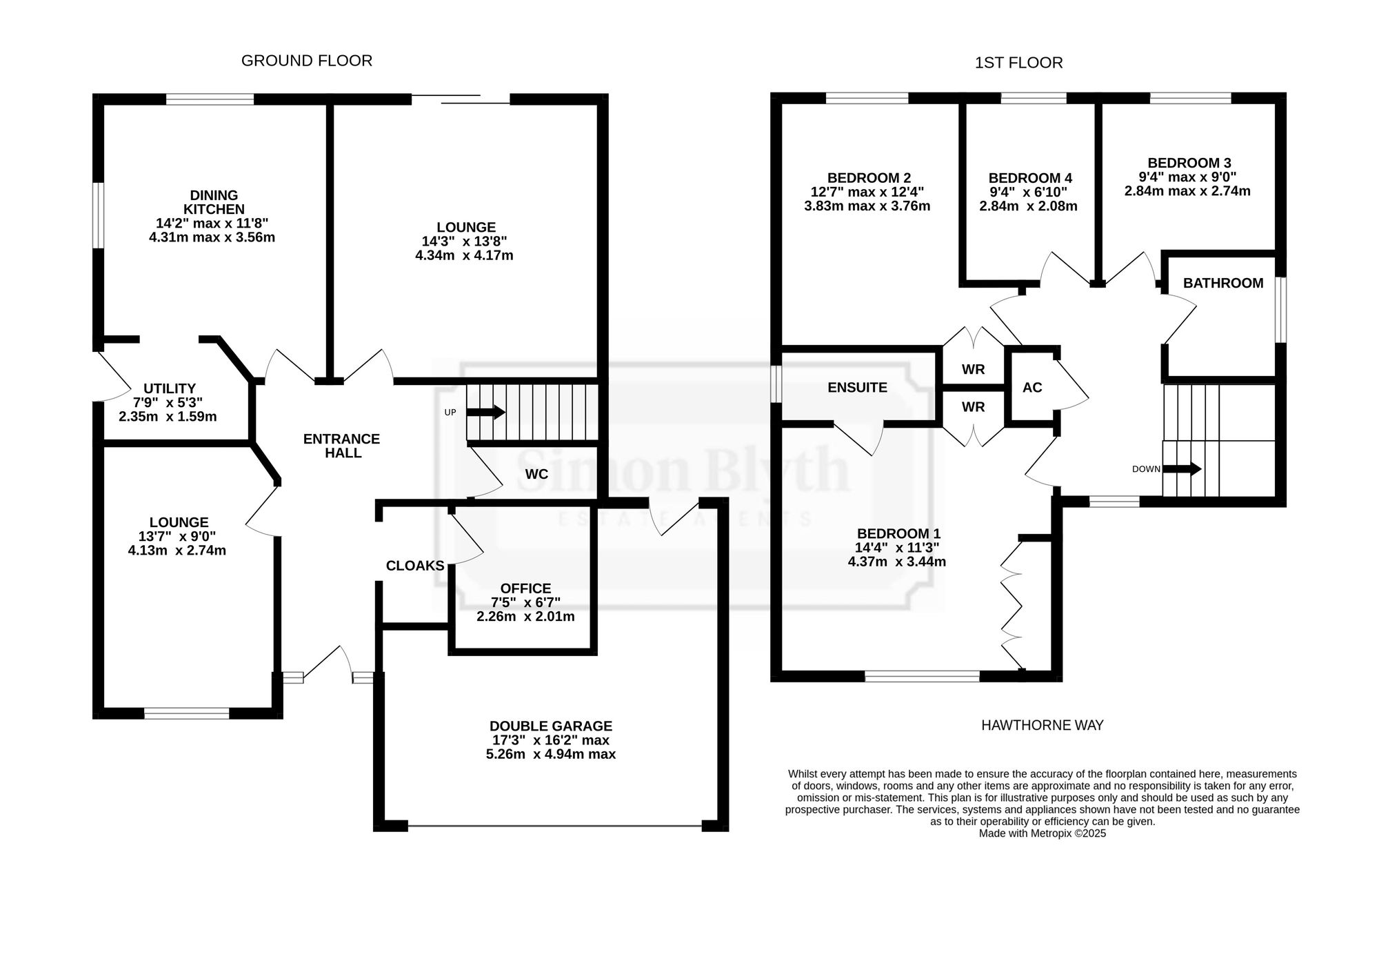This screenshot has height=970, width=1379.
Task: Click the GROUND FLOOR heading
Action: pyautogui.click(x=307, y=61)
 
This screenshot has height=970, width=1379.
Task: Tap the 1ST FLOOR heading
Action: pyautogui.click(x=1018, y=63)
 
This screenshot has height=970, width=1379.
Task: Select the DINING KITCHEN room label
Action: pyautogui.click(x=214, y=202)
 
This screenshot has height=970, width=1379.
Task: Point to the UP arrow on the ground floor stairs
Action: pyautogui.click(x=486, y=413)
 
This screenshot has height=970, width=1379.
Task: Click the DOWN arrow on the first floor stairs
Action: pyautogui.click(x=1182, y=469)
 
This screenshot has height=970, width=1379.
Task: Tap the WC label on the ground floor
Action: pyautogui.click(x=536, y=474)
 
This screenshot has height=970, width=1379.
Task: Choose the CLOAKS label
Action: pyautogui.click(x=415, y=566)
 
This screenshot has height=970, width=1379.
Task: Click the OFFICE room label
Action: pyautogui.click(x=525, y=588)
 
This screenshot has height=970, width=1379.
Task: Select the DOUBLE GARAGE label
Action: pyautogui.click(x=551, y=726)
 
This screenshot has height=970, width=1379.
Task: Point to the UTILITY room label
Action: pyautogui.click(x=170, y=388)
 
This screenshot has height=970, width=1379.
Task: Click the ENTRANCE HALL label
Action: pyautogui.click(x=342, y=446)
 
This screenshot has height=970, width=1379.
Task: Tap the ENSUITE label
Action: pyautogui.click(x=857, y=388)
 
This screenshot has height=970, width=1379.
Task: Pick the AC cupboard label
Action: pyautogui.click(x=1032, y=388)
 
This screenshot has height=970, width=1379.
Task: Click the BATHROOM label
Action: pyautogui.click(x=1223, y=283)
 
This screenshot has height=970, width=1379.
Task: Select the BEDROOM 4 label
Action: pyautogui.click(x=1030, y=178)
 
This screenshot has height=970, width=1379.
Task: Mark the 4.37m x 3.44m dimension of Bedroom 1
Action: pyautogui.click(x=897, y=562)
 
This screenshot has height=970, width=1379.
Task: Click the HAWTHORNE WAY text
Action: pyautogui.click(x=1042, y=725)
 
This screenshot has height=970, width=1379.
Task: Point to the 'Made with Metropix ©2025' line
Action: pyautogui.click(x=1042, y=833)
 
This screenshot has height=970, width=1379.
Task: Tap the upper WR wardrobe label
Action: pyautogui.click(x=974, y=369)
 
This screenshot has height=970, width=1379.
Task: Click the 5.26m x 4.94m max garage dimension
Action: pyautogui.click(x=551, y=754)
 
